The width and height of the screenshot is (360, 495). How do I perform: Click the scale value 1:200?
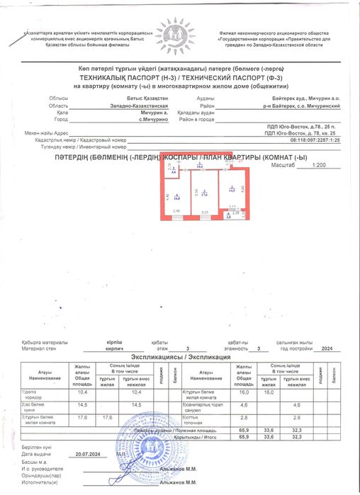(299, 164)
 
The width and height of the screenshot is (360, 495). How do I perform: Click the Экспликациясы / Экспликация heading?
(180, 358)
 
